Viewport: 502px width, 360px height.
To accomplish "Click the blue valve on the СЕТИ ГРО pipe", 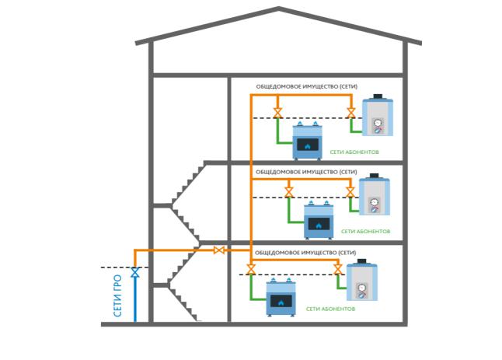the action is click(135, 273).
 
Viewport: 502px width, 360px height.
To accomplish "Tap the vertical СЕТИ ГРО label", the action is click(118, 295).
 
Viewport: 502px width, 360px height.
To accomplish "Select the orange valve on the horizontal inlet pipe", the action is click(219, 250).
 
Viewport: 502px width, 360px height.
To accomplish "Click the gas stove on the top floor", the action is click(308, 141).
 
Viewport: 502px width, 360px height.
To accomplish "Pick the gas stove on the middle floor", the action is click(319, 220).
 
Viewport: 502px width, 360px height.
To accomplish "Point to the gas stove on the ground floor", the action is click(281, 297).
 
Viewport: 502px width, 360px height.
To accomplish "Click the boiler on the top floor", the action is click(378, 115).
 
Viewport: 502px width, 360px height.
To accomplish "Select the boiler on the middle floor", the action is click(375, 194).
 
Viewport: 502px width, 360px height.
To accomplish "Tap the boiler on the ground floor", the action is click(362, 280).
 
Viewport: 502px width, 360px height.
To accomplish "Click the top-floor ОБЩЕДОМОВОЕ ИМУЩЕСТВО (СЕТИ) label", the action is click(307, 86).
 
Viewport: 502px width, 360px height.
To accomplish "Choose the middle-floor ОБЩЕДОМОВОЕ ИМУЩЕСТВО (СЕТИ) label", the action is click(306, 172).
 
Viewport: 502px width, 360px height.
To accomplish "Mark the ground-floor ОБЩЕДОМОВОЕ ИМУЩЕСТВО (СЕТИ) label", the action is click(305, 253).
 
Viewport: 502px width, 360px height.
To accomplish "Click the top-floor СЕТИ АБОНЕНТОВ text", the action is click(354, 152).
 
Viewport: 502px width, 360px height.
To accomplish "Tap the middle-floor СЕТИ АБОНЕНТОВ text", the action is click(365, 231).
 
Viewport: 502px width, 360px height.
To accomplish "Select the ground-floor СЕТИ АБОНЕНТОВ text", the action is click(331, 309).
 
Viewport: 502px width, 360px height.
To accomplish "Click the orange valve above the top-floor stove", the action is click(277, 113).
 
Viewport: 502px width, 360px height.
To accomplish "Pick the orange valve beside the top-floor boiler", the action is click(351, 113).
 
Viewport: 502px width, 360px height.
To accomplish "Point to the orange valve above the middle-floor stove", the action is click(289, 193).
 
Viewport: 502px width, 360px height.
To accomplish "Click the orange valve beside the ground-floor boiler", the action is click(338, 269).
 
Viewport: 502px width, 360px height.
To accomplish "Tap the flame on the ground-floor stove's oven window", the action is click(281, 302).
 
